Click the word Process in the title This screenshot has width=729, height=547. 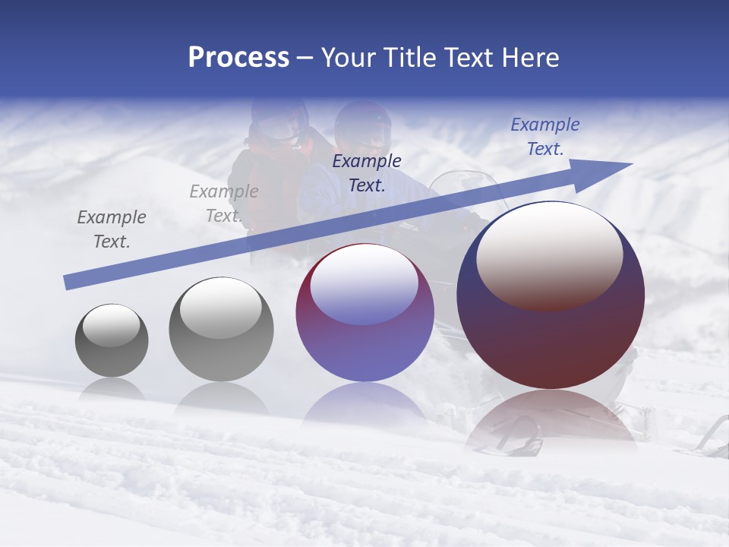pyautogui.click(x=238, y=58)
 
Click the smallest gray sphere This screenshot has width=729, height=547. pyautogui.click(x=112, y=340)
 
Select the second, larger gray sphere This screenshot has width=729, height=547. pyautogui.click(x=221, y=329)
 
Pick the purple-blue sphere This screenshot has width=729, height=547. pyautogui.click(x=364, y=313)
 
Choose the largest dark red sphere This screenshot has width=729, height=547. pyautogui.click(x=551, y=295)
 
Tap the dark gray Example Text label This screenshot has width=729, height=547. pyautogui.click(x=112, y=229)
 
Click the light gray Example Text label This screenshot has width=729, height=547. pyautogui.click(x=224, y=204)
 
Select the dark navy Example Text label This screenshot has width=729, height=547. pyautogui.click(x=367, y=172)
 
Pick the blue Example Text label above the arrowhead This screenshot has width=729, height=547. pyautogui.click(x=544, y=137)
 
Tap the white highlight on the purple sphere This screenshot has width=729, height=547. pyautogui.click(x=364, y=285)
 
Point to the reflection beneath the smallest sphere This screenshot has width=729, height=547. pyautogui.click(x=112, y=389)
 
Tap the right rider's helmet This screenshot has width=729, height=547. pyautogui.click(x=363, y=125)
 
